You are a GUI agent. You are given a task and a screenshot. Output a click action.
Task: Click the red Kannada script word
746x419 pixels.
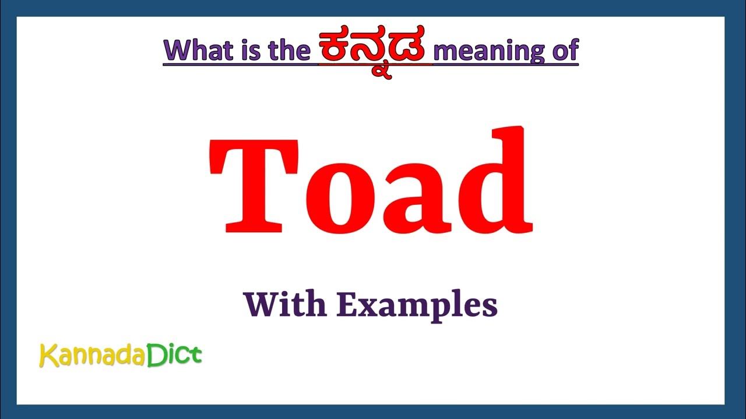(375, 48)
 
